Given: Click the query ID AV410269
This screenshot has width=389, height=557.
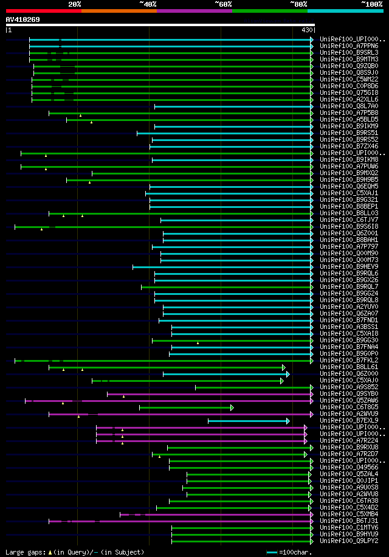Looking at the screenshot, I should (23, 19).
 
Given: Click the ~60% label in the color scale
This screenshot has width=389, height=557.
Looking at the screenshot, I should (223, 4).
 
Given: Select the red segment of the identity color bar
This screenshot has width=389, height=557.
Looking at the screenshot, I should (43, 10).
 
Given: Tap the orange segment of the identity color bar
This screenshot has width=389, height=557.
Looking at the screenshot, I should (119, 10).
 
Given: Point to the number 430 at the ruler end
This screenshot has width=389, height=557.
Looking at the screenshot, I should (307, 30).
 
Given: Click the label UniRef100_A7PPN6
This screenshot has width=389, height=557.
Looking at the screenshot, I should (349, 46).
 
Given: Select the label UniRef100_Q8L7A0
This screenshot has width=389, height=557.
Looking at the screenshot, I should (349, 106).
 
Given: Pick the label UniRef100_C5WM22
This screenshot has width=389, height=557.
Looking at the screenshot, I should (349, 79).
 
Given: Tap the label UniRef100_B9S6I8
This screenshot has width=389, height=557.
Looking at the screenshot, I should (349, 227).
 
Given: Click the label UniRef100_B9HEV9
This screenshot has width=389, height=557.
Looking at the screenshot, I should (349, 267).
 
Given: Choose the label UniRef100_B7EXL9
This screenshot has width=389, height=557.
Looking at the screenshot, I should (349, 421).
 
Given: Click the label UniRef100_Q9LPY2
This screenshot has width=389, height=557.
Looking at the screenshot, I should (349, 541).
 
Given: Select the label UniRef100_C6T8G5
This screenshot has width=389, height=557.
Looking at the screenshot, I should (349, 407).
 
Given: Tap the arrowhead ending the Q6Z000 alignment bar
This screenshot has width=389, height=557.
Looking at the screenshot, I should (288, 374).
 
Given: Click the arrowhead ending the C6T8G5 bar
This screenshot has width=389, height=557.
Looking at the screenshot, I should (232, 407).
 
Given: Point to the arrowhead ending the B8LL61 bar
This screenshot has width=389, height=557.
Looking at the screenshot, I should (283, 367).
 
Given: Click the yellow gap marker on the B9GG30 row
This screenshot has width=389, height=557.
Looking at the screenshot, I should (198, 343).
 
